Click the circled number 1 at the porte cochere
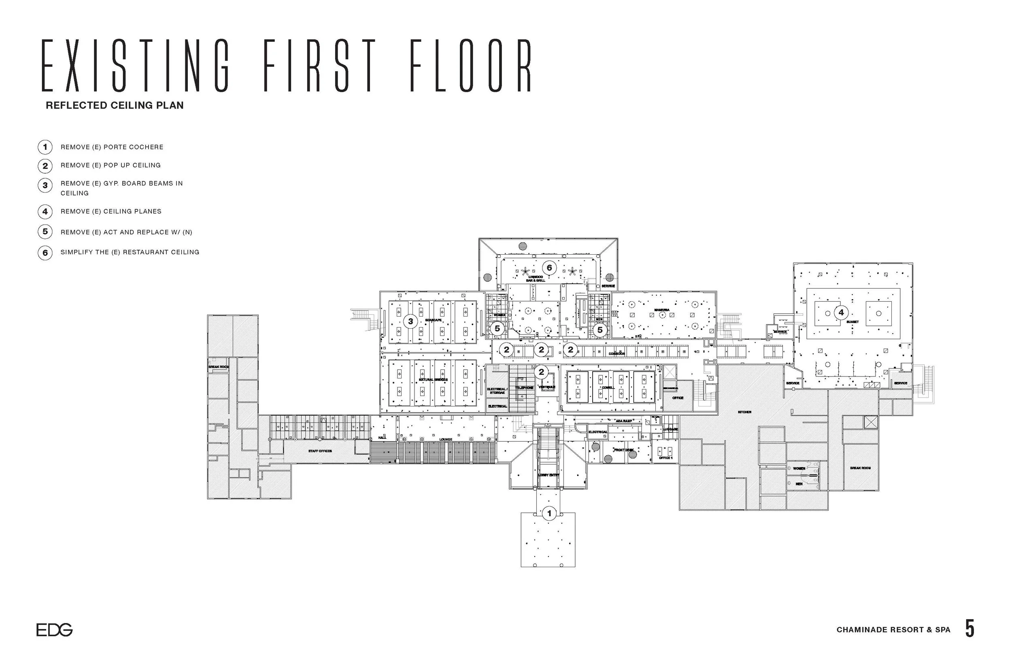tap(549, 513)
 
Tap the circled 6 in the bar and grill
tap(549, 268)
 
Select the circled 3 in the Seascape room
tap(410, 321)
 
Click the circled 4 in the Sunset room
tap(841, 313)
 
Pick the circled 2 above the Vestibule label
tap(541, 372)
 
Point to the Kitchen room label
tap(744, 412)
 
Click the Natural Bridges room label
tap(433, 380)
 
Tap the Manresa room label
tap(661, 310)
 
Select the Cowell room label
tap(608, 388)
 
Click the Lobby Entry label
tap(549, 475)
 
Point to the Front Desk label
tap(624, 450)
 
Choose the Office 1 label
tap(665, 458)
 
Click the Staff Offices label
tap(320, 451)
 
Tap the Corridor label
tap(617, 354)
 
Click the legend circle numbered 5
tap(45, 232)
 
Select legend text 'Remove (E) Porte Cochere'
tap(112, 147)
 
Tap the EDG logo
tap(54, 629)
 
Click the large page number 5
tap(969, 629)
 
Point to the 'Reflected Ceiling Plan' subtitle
tap(115, 106)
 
